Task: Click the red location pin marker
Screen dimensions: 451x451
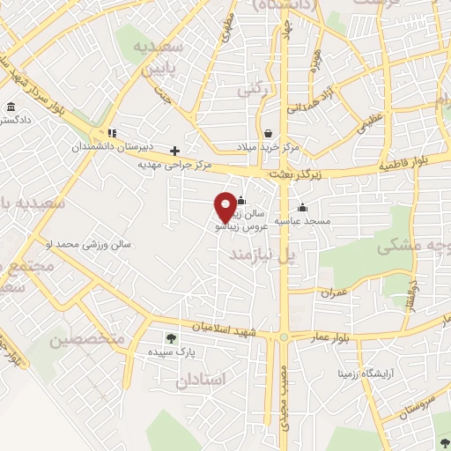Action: coord(225,206)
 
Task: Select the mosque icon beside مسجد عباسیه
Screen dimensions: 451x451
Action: coord(303,208)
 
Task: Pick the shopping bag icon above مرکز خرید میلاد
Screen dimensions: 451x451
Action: coord(267,134)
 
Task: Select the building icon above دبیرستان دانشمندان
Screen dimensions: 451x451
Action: coord(112,134)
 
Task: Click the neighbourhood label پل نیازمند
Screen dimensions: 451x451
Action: coord(260,254)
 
